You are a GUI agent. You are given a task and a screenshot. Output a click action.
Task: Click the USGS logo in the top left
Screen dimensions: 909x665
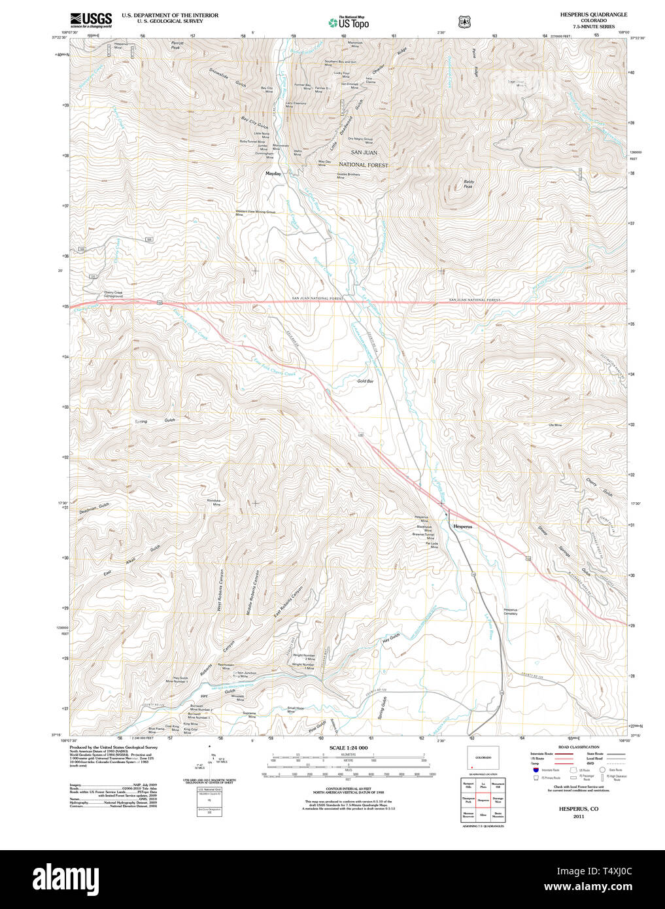90,19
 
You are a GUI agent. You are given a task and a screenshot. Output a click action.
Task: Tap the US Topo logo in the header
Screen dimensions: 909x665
349,23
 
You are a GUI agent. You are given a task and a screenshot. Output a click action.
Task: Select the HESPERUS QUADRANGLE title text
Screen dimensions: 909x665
593,14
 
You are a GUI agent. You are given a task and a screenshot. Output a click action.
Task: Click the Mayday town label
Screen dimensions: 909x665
273,174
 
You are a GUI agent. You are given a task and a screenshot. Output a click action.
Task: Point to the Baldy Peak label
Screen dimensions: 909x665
468,184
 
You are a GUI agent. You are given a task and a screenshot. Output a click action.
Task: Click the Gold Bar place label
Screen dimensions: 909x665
365,381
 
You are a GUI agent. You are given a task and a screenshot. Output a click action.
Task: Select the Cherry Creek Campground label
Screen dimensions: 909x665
113,294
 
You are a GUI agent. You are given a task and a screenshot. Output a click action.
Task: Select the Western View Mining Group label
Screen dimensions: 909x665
256,212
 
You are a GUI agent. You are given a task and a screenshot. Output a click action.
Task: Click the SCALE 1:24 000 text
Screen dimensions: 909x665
349,747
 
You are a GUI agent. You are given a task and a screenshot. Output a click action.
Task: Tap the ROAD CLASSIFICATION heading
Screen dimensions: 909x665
578,747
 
